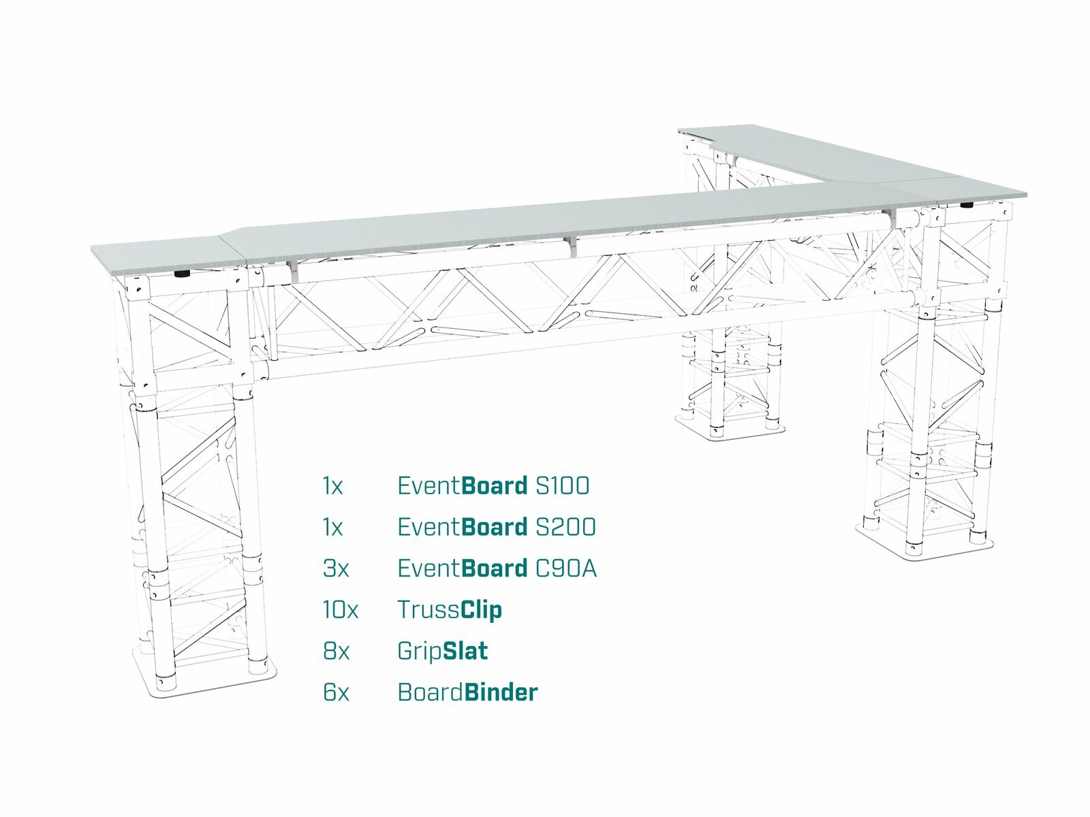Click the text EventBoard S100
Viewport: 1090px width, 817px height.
(x=493, y=486)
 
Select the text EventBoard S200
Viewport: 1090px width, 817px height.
(x=496, y=528)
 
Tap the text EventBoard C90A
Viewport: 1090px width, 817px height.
(x=497, y=568)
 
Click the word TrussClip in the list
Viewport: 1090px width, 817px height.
(x=450, y=610)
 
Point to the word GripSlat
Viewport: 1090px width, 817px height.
(x=442, y=652)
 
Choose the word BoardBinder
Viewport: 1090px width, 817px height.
(x=467, y=693)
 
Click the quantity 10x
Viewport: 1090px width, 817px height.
(x=340, y=610)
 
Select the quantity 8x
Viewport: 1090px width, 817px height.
(x=336, y=652)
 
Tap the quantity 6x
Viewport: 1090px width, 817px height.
(x=336, y=693)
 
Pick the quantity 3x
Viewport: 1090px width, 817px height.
(x=336, y=568)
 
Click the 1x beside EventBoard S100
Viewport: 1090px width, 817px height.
(x=332, y=486)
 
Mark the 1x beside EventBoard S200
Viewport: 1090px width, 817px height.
(x=332, y=528)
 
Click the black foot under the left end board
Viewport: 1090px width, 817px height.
(x=183, y=274)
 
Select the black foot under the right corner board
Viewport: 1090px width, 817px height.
(x=967, y=204)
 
